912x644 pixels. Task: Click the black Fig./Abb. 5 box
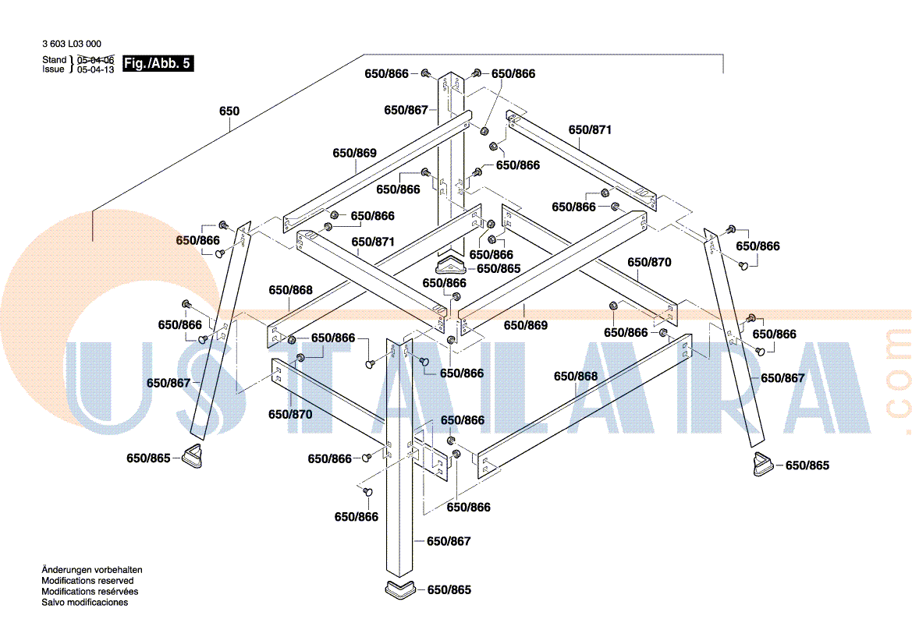158,63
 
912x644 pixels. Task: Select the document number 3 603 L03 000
72,44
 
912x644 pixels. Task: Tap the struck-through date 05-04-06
95,60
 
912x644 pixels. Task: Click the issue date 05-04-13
95,69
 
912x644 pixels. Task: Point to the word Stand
54,60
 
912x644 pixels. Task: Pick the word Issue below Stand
53,69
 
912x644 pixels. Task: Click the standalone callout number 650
229,111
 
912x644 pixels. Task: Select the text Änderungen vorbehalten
92,570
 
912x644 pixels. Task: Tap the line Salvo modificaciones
85,603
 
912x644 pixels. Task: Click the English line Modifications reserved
87,581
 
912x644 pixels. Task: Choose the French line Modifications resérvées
90,592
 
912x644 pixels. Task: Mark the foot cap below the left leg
193,455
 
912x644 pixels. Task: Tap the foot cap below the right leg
762,463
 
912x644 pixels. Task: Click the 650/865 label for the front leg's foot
449,590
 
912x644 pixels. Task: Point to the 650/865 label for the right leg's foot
807,465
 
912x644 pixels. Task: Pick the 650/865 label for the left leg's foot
148,458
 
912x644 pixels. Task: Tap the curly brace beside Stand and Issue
72,65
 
